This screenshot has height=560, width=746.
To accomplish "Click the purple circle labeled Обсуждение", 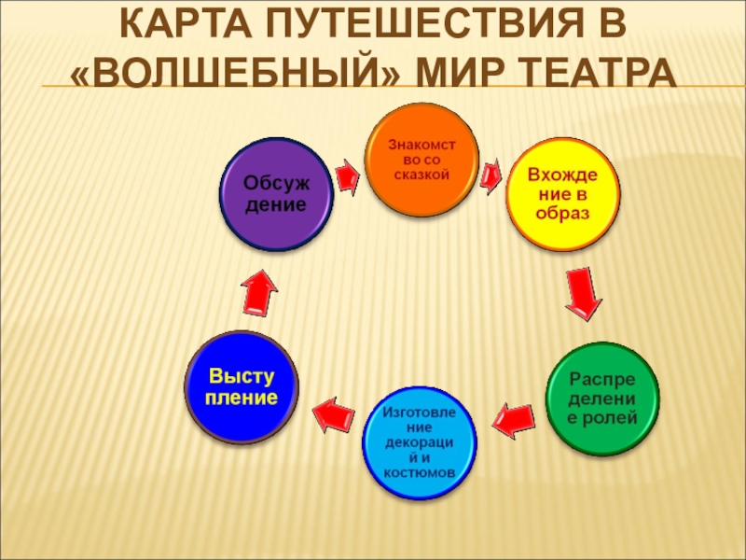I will [x=276, y=193].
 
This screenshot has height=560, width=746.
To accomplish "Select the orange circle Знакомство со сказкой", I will [x=421, y=160].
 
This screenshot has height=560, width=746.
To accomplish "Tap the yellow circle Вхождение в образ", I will [x=562, y=194].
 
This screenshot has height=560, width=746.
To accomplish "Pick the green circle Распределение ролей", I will [x=602, y=399].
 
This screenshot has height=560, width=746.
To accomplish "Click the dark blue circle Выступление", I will [x=242, y=387].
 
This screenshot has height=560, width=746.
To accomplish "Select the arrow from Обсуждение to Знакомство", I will [x=346, y=175].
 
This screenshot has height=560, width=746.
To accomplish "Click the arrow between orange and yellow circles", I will [x=490, y=175].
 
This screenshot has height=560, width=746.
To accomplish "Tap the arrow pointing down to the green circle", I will [x=582, y=294].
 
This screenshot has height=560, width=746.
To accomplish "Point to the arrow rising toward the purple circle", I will [x=259, y=290].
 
